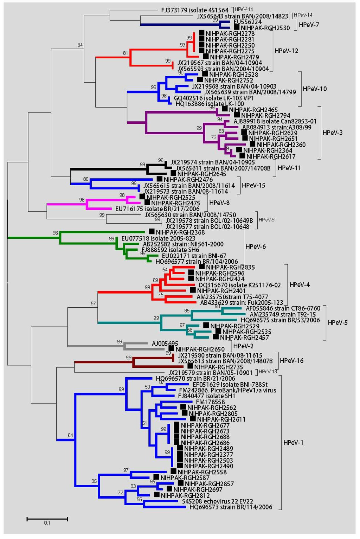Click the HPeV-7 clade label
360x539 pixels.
coord(309,25)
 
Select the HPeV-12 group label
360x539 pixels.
coord(286,51)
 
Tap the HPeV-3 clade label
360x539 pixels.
coord(332,133)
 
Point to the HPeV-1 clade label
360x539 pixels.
coord(293,442)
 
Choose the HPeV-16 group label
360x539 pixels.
coord(291,360)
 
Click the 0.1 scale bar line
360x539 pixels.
coord(47,519)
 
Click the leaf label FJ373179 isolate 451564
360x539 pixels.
coord(195,10)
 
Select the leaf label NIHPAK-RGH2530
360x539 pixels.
coord(265,28)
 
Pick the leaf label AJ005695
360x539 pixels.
coord(165,343)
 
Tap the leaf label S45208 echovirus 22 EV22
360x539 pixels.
coord(217,501)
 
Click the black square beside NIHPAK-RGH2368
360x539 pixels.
coord(152,231)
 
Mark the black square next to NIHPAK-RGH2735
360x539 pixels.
coord(190,366)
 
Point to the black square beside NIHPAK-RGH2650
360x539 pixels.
coord(171,348)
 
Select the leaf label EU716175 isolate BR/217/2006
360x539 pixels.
coord(157,209)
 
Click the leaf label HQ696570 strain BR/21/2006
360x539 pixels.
coord(195,378)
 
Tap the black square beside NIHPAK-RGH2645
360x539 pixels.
coord(173,173)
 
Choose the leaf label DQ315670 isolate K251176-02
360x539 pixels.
coord(239,285)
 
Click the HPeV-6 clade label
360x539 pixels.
coord(255,246)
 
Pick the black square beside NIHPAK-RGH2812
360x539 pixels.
coord(156,494)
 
